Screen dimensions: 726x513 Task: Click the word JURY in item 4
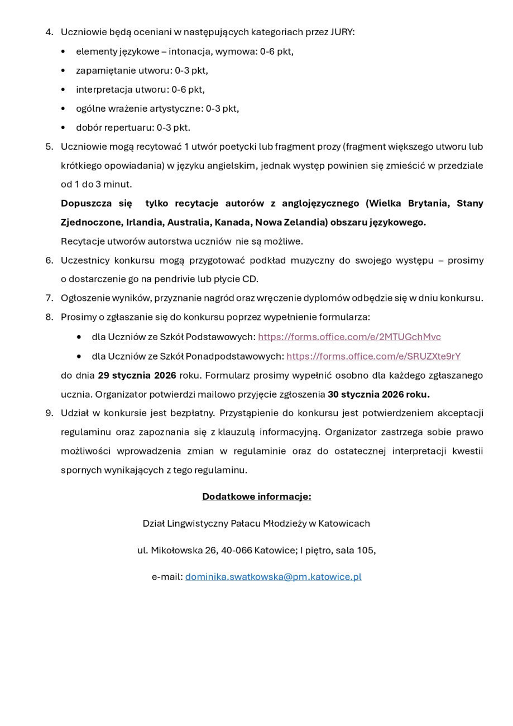(x=342, y=32)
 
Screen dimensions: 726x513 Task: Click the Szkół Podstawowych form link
(x=349, y=337)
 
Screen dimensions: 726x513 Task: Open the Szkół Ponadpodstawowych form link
(x=373, y=356)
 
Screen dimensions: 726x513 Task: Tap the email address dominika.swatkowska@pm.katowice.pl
(x=273, y=576)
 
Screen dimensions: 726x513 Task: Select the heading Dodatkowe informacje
(x=256, y=496)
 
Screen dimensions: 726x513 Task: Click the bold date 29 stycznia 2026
(x=137, y=375)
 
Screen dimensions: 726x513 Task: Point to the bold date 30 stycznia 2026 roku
(x=378, y=394)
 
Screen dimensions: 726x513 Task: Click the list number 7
(x=49, y=298)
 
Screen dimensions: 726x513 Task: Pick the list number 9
(x=49, y=413)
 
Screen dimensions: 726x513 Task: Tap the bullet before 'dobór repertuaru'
(x=63, y=128)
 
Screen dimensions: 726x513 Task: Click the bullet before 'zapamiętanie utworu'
(x=63, y=71)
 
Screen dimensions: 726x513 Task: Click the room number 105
(x=365, y=550)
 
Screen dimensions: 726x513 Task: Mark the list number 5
(x=49, y=146)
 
